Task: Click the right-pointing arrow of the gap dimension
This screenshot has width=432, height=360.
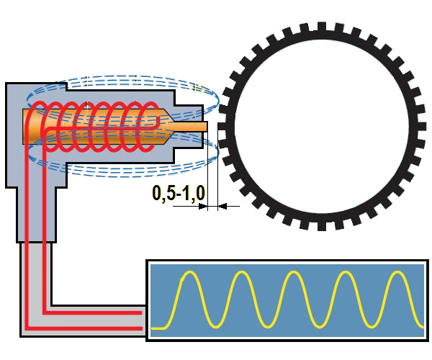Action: pyautogui.click(x=202, y=206)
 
